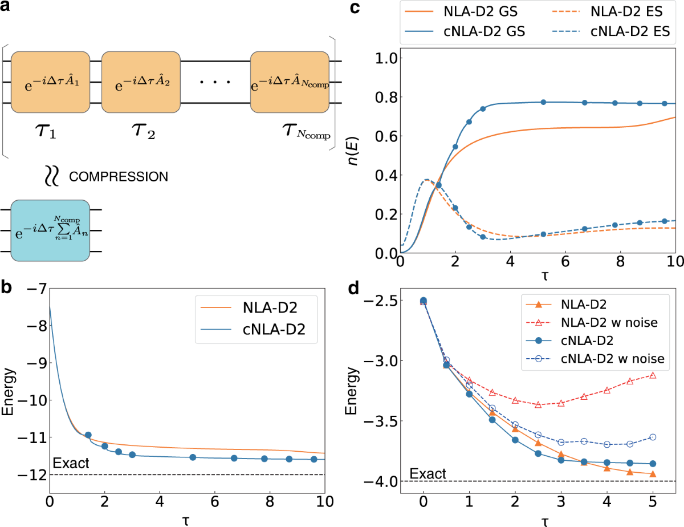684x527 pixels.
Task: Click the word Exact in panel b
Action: [71, 464]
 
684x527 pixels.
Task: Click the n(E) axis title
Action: [363, 151]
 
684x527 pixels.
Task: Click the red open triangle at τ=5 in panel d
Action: [653, 375]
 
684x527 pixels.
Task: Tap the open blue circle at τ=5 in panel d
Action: [653, 437]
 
